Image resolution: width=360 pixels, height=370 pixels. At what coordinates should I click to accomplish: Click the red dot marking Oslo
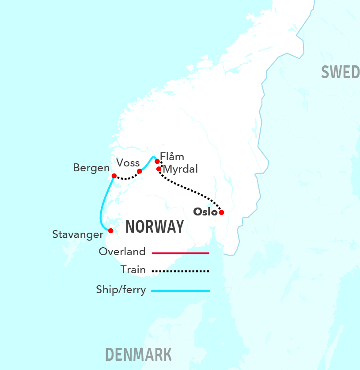[222, 212]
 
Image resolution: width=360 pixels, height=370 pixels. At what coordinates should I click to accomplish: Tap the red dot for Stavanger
[111, 230]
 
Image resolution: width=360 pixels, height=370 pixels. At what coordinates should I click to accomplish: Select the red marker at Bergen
[114, 176]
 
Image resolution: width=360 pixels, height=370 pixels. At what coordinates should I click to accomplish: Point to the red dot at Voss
[139, 171]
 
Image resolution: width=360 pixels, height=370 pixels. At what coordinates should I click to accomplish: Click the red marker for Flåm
[157, 161]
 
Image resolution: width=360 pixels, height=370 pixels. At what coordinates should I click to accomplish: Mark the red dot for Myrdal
[159, 169]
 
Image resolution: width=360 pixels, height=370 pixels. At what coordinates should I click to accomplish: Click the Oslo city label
[205, 212]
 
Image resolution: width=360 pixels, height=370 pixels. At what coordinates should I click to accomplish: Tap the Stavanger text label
[77, 234]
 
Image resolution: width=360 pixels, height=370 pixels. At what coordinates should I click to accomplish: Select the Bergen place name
[91, 168]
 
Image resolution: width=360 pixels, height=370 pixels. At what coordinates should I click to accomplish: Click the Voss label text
[128, 162]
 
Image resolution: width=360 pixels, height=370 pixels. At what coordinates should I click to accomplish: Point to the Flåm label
[172, 157]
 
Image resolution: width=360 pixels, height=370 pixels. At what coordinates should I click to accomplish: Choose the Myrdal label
[180, 169]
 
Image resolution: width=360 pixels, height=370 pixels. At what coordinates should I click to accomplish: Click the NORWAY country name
[155, 227]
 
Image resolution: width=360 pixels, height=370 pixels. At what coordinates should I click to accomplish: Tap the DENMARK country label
[138, 354]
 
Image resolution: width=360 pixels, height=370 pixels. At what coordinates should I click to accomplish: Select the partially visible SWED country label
[340, 72]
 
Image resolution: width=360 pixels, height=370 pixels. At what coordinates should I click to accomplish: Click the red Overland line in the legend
[180, 253]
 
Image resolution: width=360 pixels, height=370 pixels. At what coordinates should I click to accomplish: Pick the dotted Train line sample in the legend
[180, 271]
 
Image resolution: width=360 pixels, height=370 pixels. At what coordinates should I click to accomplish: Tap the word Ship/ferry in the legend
[121, 290]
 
